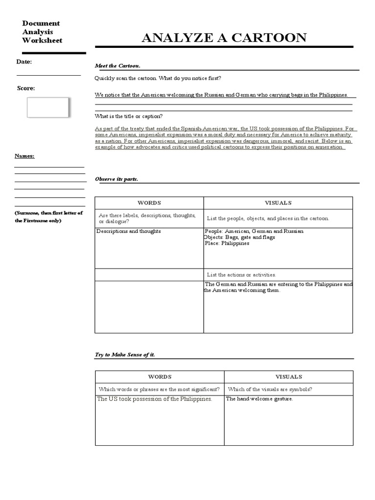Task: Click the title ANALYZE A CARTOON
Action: point(224,38)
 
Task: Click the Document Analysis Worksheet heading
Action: point(42,32)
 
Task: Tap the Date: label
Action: point(24,62)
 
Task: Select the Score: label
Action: point(26,88)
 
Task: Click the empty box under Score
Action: point(47,107)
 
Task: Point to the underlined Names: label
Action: point(24,156)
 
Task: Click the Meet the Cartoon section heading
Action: point(118,66)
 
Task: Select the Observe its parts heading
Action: point(116,179)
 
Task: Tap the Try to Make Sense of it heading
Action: point(125,354)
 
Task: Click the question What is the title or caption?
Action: point(128,116)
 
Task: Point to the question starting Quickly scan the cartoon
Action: point(158,78)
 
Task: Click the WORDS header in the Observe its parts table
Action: point(149,203)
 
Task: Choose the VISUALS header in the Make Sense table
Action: point(289,377)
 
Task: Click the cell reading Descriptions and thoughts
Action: point(129,231)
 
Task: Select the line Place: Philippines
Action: point(227,243)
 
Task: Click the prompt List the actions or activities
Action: point(241,275)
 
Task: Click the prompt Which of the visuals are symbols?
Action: point(270,389)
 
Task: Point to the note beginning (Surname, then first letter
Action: point(49,217)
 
